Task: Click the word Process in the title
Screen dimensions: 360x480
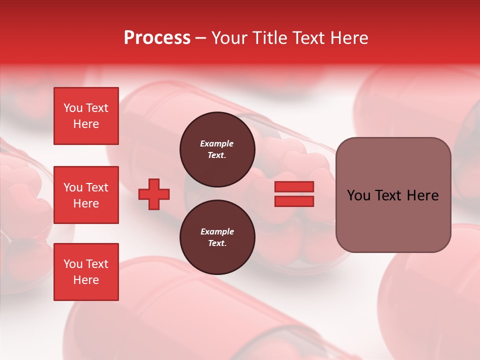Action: click(157, 38)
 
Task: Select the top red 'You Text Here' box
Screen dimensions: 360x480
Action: click(86, 116)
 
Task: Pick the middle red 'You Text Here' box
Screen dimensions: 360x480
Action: click(86, 195)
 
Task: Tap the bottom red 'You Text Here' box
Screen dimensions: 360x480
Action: click(86, 271)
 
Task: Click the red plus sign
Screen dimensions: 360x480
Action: click(154, 194)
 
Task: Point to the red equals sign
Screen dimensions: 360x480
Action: click(294, 194)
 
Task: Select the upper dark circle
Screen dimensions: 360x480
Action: click(217, 149)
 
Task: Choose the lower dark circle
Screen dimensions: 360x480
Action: click(217, 237)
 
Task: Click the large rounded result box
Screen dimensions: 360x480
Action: click(393, 195)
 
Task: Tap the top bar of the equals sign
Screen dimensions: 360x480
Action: click(294, 187)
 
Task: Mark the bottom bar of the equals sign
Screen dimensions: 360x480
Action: click(294, 201)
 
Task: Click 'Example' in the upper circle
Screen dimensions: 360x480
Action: click(217, 143)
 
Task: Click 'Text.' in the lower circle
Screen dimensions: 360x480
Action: click(217, 243)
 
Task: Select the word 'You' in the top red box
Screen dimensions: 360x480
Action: click(72, 108)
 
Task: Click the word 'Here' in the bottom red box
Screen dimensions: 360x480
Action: click(86, 280)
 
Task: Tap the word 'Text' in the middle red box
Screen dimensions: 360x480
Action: click(97, 187)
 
